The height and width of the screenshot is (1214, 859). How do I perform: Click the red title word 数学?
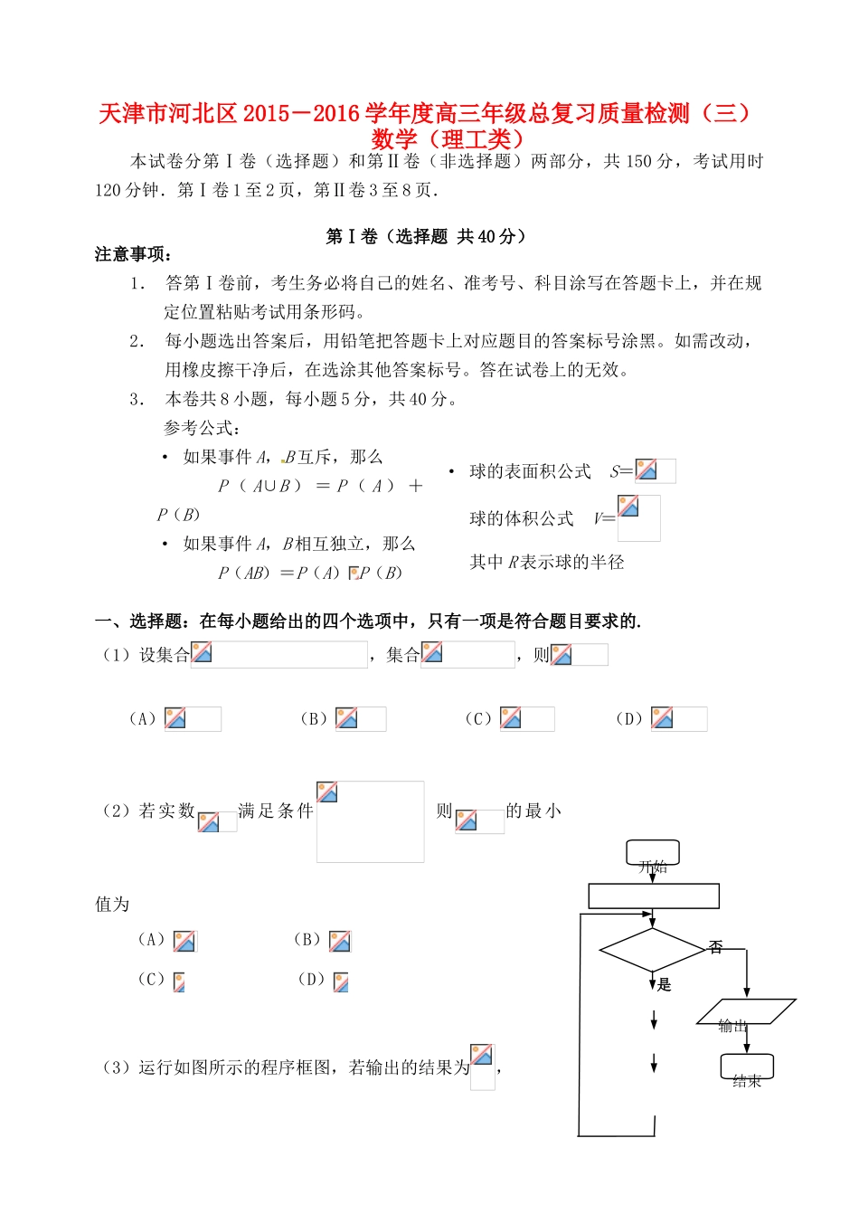click(x=394, y=139)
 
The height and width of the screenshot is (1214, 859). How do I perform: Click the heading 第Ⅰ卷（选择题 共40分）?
click(x=426, y=236)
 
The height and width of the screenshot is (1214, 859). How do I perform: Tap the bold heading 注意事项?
click(x=133, y=254)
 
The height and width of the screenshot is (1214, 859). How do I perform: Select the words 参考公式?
click(x=202, y=428)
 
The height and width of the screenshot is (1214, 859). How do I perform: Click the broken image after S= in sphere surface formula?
click(x=655, y=470)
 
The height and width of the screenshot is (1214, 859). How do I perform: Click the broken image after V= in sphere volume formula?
click(x=638, y=517)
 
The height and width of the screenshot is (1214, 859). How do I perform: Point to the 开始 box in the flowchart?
click(x=653, y=853)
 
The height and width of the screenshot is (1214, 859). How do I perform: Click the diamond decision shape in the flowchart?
click(x=652, y=950)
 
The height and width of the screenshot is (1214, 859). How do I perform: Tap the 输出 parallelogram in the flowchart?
click(x=745, y=1011)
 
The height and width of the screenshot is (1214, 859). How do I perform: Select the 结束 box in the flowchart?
click(x=747, y=1067)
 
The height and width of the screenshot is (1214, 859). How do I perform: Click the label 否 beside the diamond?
click(x=716, y=947)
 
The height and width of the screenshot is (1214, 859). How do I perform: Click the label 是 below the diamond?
click(x=665, y=984)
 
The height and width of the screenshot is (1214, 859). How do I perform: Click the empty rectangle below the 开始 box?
click(x=653, y=896)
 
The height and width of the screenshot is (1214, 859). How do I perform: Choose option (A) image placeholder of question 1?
click(x=192, y=719)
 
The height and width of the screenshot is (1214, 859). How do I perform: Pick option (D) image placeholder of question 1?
click(x=678, y=719)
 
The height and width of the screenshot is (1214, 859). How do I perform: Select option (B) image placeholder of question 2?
click(x=340, y=941)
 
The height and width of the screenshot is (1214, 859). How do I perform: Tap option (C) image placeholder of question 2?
click(x=179, y=982)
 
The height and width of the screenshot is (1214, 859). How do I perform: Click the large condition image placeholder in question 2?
click(x=370, y=821)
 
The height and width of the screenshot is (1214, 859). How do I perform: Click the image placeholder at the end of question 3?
click(x=483, y=1067)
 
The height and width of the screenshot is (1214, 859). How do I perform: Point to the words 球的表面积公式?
click(x=530, y=471)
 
